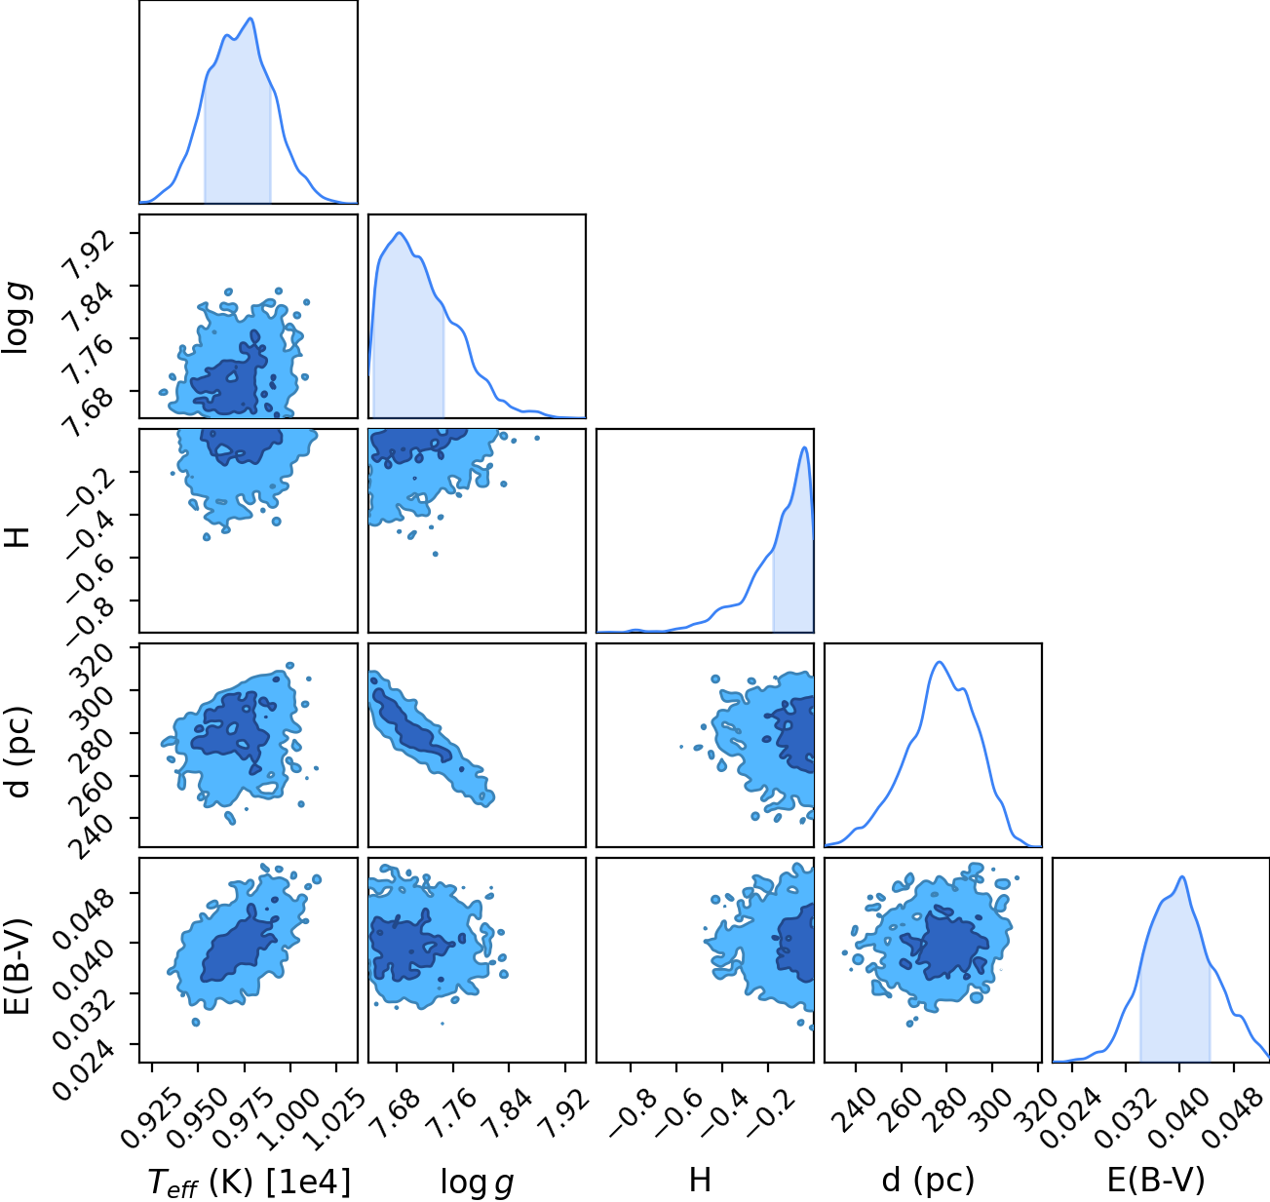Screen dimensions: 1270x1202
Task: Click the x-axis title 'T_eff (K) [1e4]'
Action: (x=250, y=1182)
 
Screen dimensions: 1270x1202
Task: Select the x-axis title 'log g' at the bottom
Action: (x=477, y=1183)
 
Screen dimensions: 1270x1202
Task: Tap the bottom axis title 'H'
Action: (x=700, y=1180)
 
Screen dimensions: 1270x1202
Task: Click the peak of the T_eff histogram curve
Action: (x=250, y=19)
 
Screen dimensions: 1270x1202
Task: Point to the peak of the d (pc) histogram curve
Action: (x=940, y=662)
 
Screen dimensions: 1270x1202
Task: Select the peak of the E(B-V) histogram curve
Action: (x=1182, y=877)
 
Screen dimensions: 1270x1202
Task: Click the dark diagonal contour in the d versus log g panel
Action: (x=412, y=725)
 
